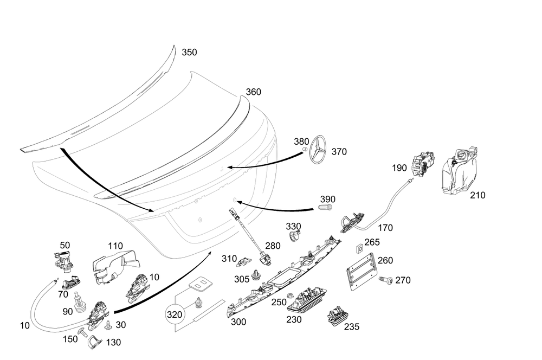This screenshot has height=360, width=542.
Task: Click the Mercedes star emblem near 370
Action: pos(319,149)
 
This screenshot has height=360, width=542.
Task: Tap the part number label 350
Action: pos(189,53)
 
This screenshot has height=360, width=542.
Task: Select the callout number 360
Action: pos(254,92)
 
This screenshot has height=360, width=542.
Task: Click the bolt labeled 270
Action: pos(386,280)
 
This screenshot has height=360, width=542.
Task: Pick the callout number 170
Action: pos(386,228)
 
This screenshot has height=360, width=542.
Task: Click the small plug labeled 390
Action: pos(325,207)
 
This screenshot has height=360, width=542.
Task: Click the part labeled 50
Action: pos(64,261)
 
